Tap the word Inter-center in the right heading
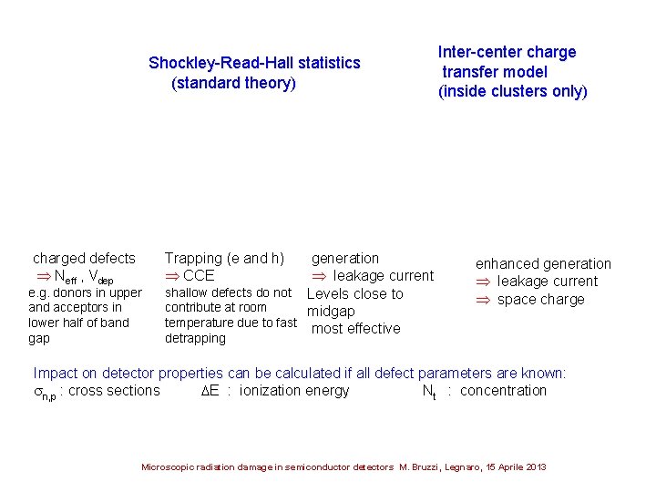click(x=477, y=52)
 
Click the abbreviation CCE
click(x=199, y=275)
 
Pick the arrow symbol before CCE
click(x=171, y=275)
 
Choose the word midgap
click(x=332, y=312)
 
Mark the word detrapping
click(x=195, y=338)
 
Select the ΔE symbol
click(x=209, y=391)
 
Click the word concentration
click(x=504, y=391)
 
